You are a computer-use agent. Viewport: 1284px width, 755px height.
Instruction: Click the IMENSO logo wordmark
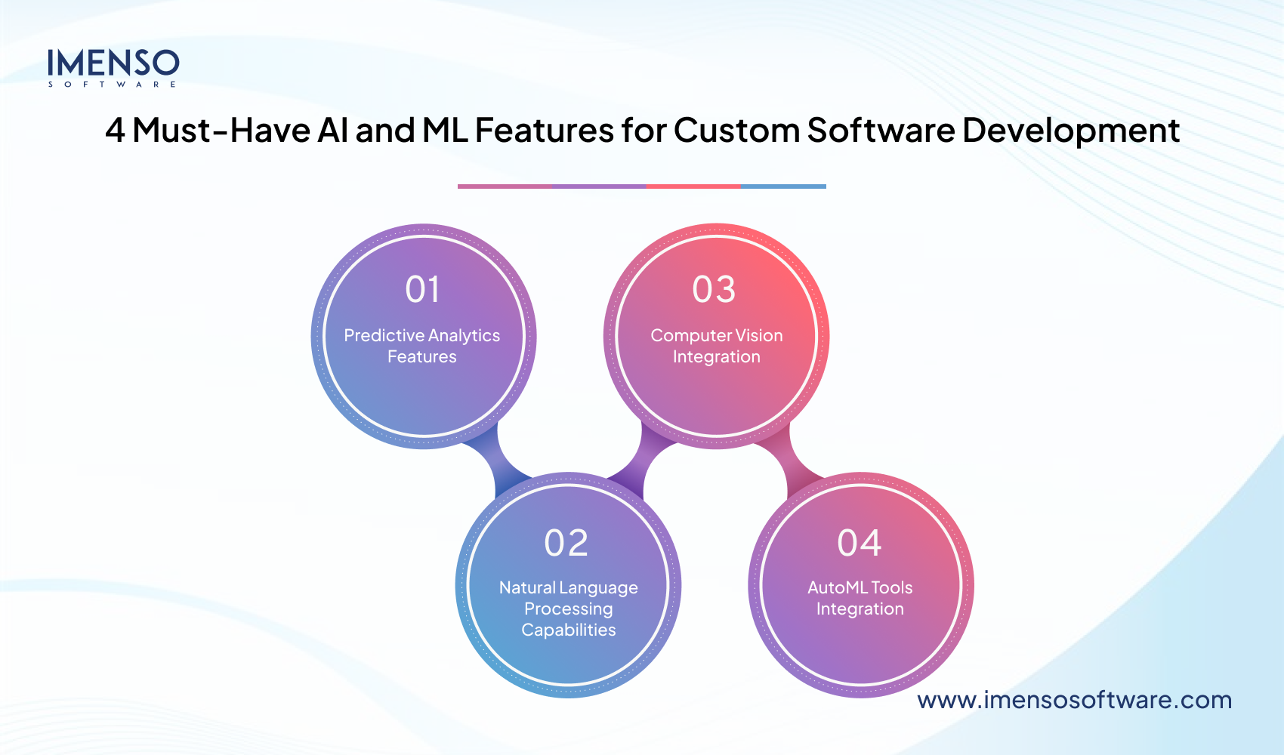pos(113,63)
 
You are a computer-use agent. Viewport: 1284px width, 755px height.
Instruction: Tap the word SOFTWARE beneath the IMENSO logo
pos(113,85)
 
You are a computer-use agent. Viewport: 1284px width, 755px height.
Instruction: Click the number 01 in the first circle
pos(422,290)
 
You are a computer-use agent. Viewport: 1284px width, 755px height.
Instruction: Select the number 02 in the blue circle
pos(566,544)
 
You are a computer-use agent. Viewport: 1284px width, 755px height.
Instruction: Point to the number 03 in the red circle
pos(714,290)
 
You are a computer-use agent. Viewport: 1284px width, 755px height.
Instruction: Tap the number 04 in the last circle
pos(860,544)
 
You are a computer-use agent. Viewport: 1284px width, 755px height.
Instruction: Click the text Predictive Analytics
pos(421,335)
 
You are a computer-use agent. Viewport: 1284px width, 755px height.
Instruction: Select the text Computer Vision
pos(716,335)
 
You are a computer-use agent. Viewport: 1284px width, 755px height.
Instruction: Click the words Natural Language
pos(568,587)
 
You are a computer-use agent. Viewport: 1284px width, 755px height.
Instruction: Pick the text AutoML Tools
pos(860,587)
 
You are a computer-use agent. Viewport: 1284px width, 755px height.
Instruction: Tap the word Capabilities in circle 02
pos(568,630)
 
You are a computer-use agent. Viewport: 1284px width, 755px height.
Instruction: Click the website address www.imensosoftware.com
pos(1074,700)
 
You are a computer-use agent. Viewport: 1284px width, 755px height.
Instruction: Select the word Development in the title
pos(1070,131)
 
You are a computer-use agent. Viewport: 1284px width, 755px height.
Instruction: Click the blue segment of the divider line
pos(783,186)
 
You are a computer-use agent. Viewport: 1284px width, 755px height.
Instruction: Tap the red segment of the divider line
pos(693,186)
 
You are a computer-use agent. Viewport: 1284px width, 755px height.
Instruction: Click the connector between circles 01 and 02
pos(495,462)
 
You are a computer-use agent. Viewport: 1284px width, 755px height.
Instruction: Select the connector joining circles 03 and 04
pos(787,462)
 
